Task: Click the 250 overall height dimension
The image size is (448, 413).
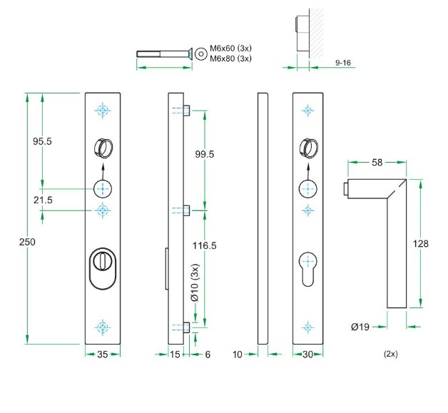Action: click(x=27, y=242)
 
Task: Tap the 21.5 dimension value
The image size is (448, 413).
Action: click(x=42, y=200)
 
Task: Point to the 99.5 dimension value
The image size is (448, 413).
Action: click(x=204, y=154)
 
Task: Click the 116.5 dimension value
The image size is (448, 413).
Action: click(x=204, y=245)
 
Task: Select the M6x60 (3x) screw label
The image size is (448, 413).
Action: click(x=230, y=49)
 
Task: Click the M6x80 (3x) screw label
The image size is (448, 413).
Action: click(x=230, y=58)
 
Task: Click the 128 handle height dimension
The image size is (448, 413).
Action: click(x=421, y=244)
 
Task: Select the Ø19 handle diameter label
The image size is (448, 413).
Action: click(x=360, y=327)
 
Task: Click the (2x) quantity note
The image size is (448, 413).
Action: click(x=390, y=354)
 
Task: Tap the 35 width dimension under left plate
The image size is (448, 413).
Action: click(x=103, y=354)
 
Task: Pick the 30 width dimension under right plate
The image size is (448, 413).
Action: click(x=307, y=354)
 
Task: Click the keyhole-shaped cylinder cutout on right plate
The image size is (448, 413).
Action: click(x=307, y=267)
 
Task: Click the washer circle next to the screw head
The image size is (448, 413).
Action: click(x=201, y=53)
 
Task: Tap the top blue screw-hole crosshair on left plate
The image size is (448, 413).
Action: click(x=103, y=111)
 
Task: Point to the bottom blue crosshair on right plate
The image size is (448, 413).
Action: click(x=307, y=327)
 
